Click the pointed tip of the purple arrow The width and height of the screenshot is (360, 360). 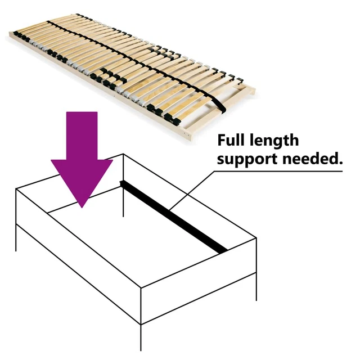(x=83, y=205)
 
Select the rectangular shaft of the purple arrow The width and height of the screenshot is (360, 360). (x=82, y=135)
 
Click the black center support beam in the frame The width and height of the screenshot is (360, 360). (x=174, y=217)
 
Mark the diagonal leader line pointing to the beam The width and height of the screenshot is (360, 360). (x=191, y=191)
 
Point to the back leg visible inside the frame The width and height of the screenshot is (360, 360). (x=123, y=200)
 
